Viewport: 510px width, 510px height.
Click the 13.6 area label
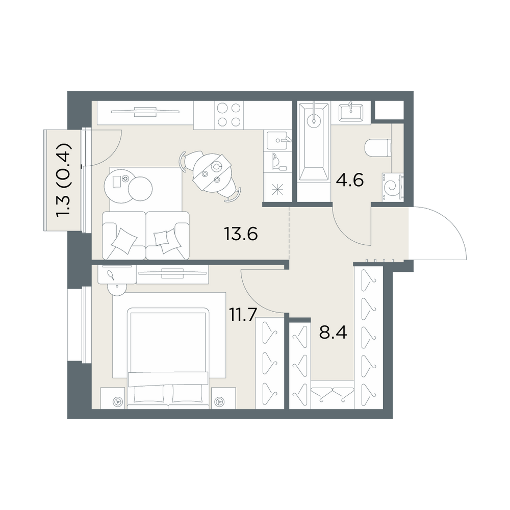click(x=241, y=234)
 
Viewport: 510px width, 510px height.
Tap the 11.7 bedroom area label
click(x=243, y=315)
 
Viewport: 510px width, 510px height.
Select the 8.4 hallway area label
click(x=333, y=333)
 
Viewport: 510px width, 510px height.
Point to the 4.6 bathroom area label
click(x=350, y=180)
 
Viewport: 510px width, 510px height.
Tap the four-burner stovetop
click(x=229, y=115)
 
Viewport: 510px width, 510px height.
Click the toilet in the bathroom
click(x=378, y=148)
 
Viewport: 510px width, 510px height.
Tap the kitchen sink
click(x=277, y=141)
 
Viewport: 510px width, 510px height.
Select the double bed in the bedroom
click(x=168, y=358)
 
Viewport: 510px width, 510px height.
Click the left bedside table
click(x=113, y=398)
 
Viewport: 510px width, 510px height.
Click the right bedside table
click(x=223, y=398)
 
